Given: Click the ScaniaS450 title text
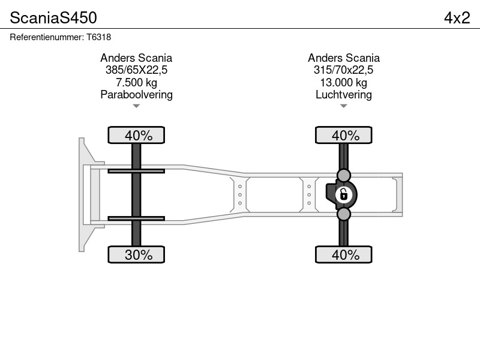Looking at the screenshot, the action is click(53, 18).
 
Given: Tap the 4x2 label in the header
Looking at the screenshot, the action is click(457, 18).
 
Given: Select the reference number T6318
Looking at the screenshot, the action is click(98, 37).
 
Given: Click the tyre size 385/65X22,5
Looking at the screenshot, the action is click(137, 70).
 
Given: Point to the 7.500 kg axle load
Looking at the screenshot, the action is click(137, 82).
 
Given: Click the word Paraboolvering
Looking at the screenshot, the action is click(137, 95).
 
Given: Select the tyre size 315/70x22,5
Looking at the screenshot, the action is click(343, 70).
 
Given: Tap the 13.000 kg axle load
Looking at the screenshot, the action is click(343, 82).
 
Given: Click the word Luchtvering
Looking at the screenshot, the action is click(343, 95).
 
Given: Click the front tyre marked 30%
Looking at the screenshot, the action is click(136, 254).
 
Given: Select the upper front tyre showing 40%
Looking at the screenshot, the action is click(136, 135).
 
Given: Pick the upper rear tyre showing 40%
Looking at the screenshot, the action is click(343, 135).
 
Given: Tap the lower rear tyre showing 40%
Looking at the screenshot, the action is click(343, 254).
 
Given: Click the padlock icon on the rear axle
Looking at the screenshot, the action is click(343, 194).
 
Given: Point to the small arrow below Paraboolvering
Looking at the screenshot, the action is click(136, 106).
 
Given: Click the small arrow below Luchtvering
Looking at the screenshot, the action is click(343, 106).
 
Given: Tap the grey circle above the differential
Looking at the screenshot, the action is click(343, 175).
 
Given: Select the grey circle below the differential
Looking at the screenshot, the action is click(343, 214).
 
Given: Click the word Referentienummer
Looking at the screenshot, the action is click(47, 37).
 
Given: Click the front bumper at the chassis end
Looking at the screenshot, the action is click(82, 194).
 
